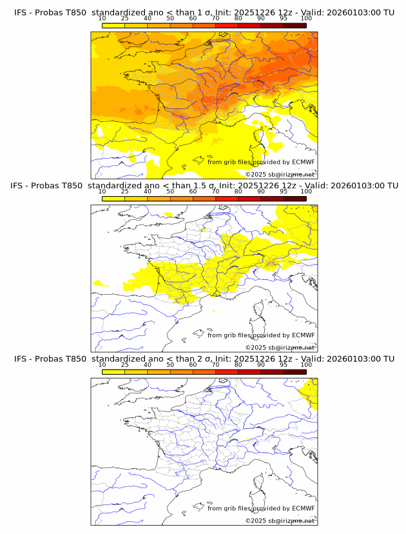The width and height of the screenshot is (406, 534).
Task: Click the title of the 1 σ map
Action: click(x=204, y=12)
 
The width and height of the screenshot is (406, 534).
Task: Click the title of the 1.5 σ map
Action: click(x=204, y=186)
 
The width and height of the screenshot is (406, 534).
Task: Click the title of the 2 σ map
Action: click(x=204, y=359)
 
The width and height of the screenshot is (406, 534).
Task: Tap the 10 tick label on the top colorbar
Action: click(x=102, y=19)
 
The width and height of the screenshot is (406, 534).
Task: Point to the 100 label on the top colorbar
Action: click(x=306, y=19)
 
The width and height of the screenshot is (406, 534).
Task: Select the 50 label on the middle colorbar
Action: click(x=170, y=192)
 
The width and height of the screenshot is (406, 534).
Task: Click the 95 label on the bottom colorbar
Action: click(x=284, y=365)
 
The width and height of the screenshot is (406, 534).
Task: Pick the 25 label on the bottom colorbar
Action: click(x=124, y=365)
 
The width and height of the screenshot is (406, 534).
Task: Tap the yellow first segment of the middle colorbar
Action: click(x=113, y=199)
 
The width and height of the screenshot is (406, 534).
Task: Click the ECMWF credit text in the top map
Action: click(x=261, y=162)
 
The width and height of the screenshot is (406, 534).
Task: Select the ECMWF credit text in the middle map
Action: click(x=261, y=335)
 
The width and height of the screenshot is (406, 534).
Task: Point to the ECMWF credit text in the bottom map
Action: click(x=261, y=508)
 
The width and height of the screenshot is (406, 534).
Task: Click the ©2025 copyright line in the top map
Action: click(x=280, y=174)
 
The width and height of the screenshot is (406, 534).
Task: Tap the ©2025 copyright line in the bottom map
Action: click(x=280, y=520)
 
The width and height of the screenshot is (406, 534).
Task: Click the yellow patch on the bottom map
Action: click(x=311, y=392)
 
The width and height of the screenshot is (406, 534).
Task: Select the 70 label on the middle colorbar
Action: click(x=215, y=192)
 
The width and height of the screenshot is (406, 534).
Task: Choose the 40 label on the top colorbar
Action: click(x=148, y=19)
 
